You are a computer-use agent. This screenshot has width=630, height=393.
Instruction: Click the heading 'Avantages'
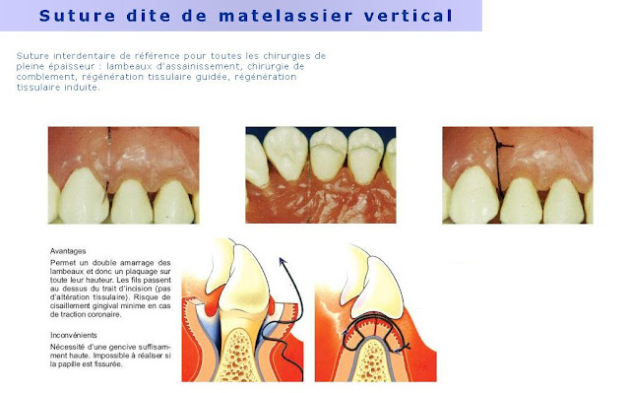(68, 251)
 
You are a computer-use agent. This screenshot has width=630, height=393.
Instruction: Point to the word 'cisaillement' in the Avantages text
(73, 305)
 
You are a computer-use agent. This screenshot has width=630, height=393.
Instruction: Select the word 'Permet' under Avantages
(63, 263)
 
